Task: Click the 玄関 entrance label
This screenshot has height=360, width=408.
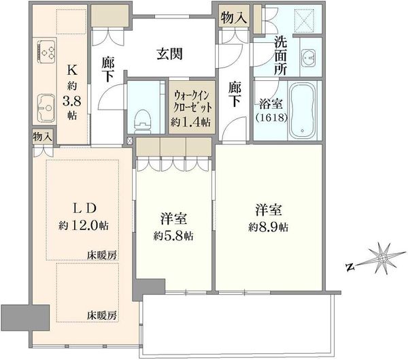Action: (x=169, y=54)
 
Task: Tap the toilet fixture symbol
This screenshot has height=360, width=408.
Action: (x=142, y=119)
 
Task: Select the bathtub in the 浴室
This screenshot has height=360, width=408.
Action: (x=303, y=110)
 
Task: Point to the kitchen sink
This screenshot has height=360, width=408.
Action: (x=46, y=108)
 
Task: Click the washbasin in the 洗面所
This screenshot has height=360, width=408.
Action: (x=309, y=57)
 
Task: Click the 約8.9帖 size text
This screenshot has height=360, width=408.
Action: (x=269, y=227)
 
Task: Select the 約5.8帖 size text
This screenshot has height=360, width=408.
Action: (x=173, y=236)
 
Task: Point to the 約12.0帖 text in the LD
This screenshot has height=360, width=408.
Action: (x=83, y=225)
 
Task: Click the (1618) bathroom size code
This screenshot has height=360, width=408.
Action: (x=271, y=118)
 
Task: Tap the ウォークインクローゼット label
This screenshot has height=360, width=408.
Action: (x=192, y=101)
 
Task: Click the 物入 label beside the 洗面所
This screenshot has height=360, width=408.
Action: (x=233, y=18)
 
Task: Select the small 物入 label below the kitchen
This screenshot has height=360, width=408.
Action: (x=42, y=137)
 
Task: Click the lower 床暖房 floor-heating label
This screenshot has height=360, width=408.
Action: (x=102, y=316)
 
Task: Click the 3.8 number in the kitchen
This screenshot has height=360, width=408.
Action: (x=72, y=101)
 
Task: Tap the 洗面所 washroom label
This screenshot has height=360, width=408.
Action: (x=280, y=56)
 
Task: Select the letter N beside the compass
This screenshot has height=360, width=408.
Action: (x=350, y=267)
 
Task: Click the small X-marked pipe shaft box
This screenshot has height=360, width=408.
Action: (x=130, y=141)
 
